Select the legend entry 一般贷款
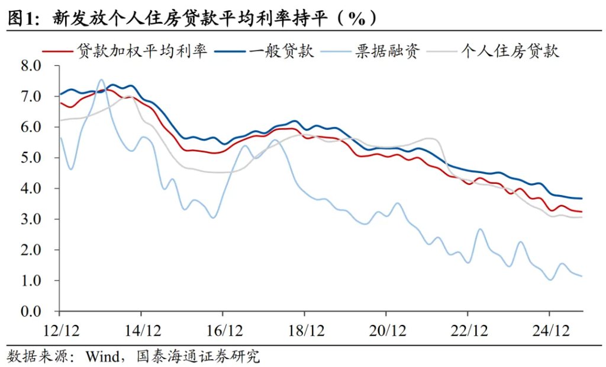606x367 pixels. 281,52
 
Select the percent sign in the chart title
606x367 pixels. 355,18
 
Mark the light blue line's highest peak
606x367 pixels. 101,79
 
